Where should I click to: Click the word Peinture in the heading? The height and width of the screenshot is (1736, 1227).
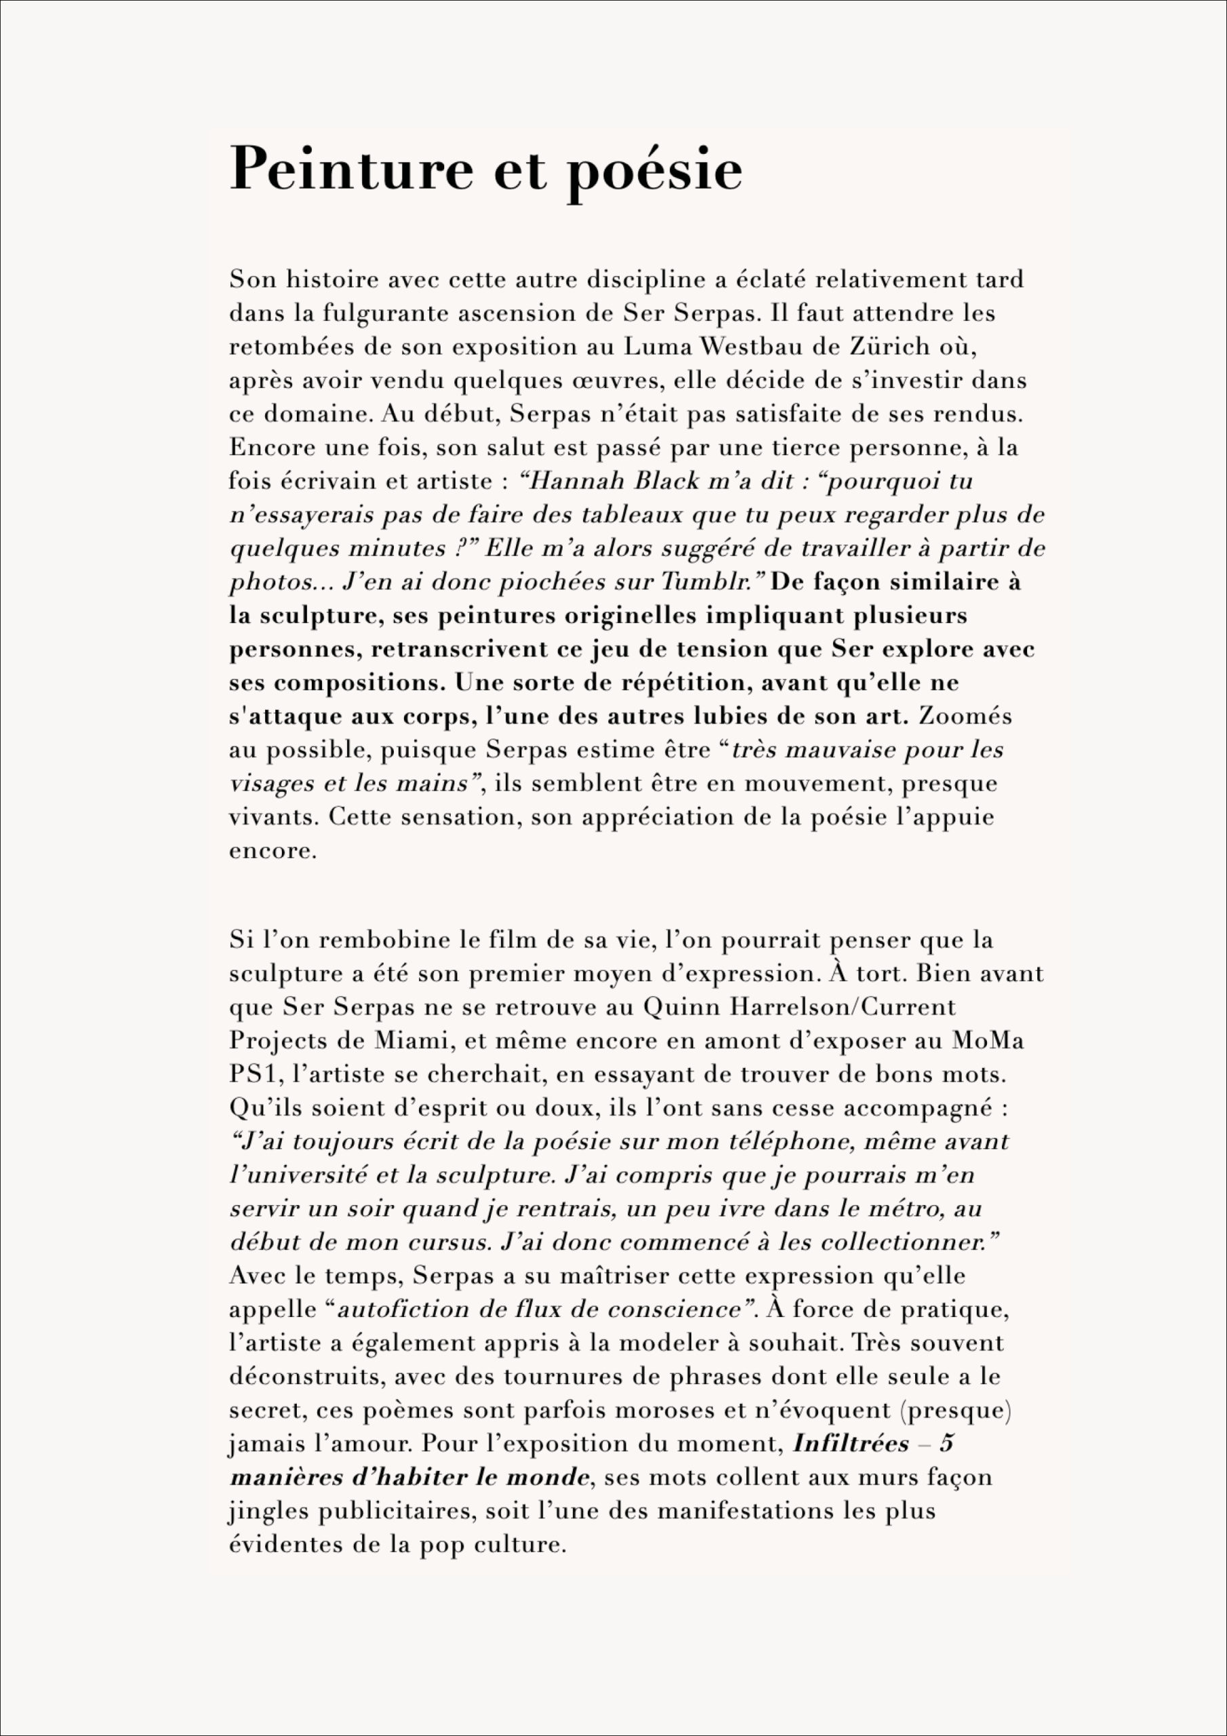[x=350, y=169]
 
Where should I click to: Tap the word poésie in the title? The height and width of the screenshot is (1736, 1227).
[x=654, y=172]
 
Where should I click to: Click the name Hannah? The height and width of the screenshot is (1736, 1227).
[x=574, y=481]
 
